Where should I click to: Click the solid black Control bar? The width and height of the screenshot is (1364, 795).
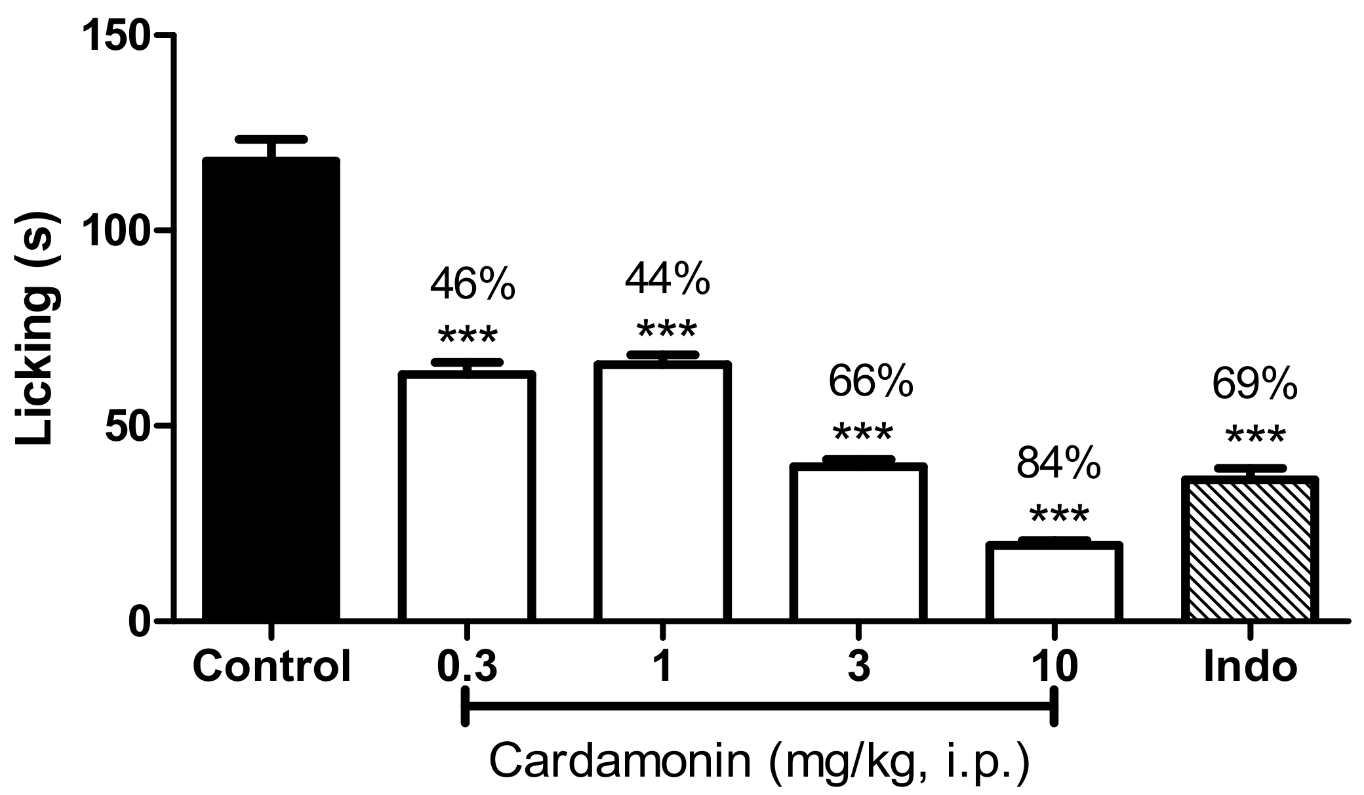click(271, 390)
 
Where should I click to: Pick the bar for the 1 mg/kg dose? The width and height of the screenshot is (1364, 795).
click(662, 492)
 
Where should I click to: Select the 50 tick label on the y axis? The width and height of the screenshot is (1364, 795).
click(128, 426)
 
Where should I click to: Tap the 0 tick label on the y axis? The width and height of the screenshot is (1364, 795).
click(140, 621)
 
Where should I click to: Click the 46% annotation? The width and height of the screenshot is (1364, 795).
click(472, 284)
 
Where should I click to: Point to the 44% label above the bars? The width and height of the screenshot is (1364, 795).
click(667, 278)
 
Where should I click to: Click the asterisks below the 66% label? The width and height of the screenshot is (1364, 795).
click(862, 433)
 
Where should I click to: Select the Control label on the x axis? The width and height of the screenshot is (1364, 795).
click(271, 668)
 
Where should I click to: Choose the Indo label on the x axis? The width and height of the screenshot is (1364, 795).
click(1251, 668)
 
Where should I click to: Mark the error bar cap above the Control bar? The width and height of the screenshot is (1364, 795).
click(271, 139)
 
